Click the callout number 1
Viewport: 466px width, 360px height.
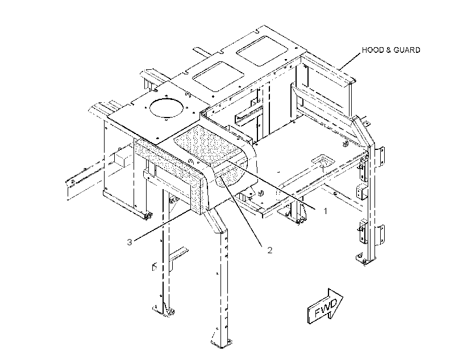(x=326, y=211)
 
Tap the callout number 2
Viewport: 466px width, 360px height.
(x=270, y=250)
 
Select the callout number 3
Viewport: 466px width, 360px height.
(x=129, y=242)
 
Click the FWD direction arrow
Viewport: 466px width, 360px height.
(x=325, y=306)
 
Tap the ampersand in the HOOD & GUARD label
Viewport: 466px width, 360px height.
(x=389, y=50)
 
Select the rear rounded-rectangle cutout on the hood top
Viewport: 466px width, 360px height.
(x=262, y=51)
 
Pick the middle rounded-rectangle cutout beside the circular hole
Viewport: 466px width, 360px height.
(x=218, y=77)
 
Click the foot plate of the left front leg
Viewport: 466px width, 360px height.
(x=164, y=311)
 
